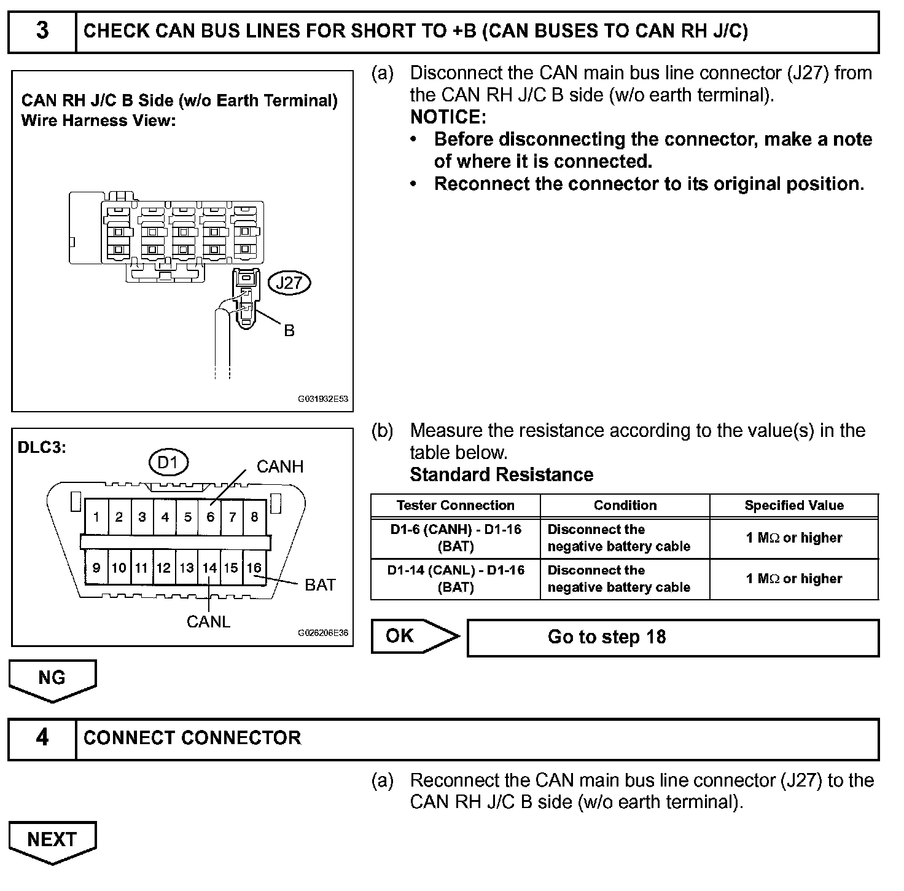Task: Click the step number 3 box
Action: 42,31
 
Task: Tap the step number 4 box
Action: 42,738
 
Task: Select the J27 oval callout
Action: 289,283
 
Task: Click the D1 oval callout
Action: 168,463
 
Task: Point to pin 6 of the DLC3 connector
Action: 210,517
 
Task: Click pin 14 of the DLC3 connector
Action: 209,568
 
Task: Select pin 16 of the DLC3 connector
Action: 254,568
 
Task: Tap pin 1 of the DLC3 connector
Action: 96,517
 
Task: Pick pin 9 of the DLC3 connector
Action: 96,568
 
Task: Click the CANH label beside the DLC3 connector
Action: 280,467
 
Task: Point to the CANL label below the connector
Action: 208,622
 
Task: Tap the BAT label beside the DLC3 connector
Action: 320,585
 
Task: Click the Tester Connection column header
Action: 455,506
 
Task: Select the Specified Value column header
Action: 793,506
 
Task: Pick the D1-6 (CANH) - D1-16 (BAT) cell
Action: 455,538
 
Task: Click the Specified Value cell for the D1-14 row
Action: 793,579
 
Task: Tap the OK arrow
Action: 414,637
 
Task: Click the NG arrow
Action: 52,679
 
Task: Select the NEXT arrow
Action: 52,841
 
